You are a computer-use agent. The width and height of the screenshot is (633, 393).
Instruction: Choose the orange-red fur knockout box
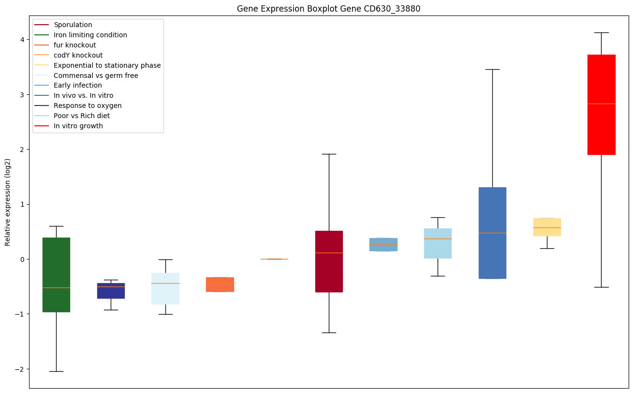(x=220, y=285)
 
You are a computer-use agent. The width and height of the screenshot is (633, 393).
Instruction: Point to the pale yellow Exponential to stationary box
(x=547, y=227)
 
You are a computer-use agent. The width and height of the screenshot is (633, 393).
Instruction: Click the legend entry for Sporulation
(x=73, y=25)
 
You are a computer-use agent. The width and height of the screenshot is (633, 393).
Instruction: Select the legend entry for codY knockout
(x=78, y=55)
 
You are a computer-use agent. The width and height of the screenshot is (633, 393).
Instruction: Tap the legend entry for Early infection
(x=78, y=85)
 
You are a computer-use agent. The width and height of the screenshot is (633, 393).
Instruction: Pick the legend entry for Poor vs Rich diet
(x=82, y=116)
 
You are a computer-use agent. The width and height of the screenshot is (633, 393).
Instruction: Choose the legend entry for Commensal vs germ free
(x=96, y=76)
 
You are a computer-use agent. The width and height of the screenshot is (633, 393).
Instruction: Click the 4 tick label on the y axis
(x=22, y=39)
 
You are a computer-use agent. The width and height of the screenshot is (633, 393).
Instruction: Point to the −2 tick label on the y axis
(x=19, y=369)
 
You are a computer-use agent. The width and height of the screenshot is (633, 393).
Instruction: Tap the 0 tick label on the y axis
(x=22, y=259)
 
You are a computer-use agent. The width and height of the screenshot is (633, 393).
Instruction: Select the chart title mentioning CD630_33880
(x=329, y=9)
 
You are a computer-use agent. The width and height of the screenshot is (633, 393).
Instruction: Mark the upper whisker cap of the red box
(x=601, y=32)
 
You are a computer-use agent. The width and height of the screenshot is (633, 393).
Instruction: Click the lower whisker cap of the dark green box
(x=56, y=371)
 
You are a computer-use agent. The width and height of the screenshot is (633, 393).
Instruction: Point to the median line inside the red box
(x=601, y=104)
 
